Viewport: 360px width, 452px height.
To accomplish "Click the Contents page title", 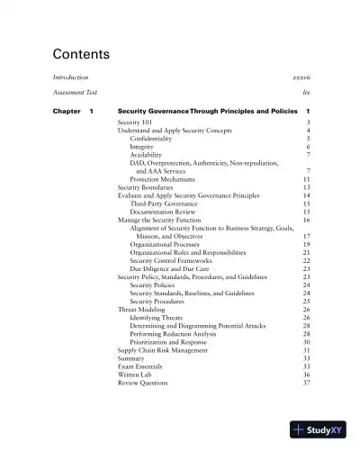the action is (x=81, y=54).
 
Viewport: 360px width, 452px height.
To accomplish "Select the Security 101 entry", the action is (x=135, y=122).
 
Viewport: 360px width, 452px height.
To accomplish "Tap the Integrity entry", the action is (x=142, y=147).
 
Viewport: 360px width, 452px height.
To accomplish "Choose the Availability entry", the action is (x=147, y=155).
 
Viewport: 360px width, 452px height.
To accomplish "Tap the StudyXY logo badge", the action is (x=318, y=430).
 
